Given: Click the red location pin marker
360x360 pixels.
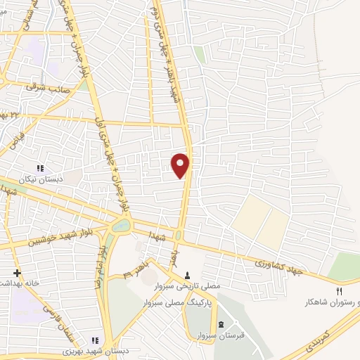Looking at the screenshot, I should [181, 165].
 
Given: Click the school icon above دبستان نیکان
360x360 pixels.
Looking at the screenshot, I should [40, 168].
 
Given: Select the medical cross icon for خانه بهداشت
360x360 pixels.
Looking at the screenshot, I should [17, 273].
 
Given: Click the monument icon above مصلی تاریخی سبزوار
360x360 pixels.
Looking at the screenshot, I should [188, 275].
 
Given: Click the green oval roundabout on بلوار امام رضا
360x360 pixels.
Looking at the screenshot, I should [122, 226].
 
